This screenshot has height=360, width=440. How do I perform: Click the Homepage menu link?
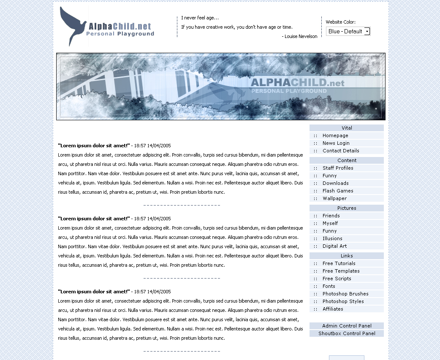click(x=335, y=135)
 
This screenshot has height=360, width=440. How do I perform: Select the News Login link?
click(x=336, y=143)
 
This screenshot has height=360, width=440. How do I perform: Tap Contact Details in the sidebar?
click(x=341, y=151)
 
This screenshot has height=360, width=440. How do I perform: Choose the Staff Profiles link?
click(x=338, y=168)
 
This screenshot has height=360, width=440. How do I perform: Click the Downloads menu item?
click(x=335, y=183)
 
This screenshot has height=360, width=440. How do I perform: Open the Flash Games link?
click(x=338, y=191)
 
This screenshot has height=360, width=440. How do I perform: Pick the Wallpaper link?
click(x=334, y=198)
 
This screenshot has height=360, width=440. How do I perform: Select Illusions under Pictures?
click(x=332, y=238)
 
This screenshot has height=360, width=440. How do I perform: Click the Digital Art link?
click(x=334, y=246)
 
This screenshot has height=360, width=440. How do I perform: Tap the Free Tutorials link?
click(x=339, y=263)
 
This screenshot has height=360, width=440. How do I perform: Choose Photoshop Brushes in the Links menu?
click(x=345, y=294)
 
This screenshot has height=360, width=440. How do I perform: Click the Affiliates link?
click(x=333, y=309)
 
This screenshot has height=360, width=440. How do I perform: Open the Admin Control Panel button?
click(x=347, y=326)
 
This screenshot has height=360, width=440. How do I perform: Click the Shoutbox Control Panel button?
click(x=347, y=333)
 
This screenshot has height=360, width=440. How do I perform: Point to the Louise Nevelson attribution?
click(x=301, y=36)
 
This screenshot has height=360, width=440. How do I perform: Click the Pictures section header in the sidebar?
click(x=347, y=208)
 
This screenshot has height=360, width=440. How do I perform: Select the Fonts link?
click(x=329, y=286)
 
